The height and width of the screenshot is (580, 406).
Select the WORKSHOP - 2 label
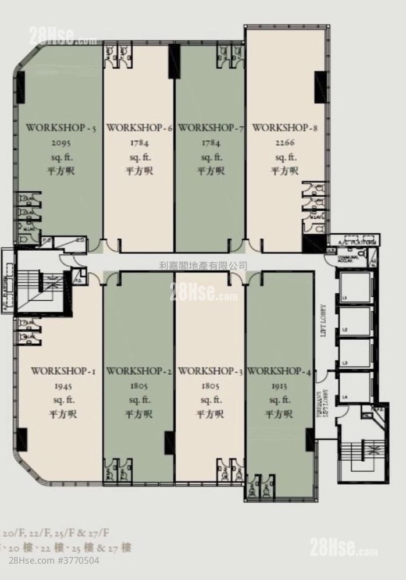(140, 371)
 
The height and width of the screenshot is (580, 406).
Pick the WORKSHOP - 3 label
(211, 371)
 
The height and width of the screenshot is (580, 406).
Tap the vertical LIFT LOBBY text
(322, 321)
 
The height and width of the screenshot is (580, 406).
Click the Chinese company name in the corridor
(203, 266)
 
